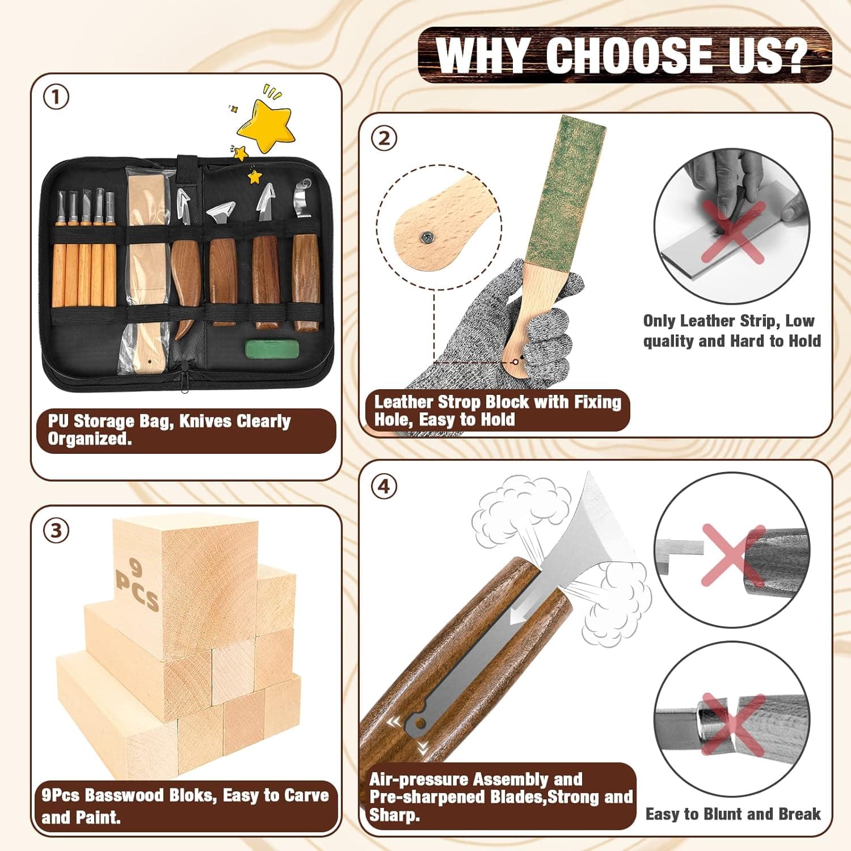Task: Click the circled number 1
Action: pyautogui.click(x=56, y=98)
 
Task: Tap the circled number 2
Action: pyautogui.click(x=384, y=138)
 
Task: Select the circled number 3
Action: pyautogui.click(x=56, y=530)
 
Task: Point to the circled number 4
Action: pyautogui.click(x=384, y=486)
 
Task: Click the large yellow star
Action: pyautogui.click(x=266, y=126)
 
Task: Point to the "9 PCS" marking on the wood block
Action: pyautogui.click(x=136, y=584)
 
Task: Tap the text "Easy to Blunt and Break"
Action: pyautogui.click(x=732, y=814)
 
